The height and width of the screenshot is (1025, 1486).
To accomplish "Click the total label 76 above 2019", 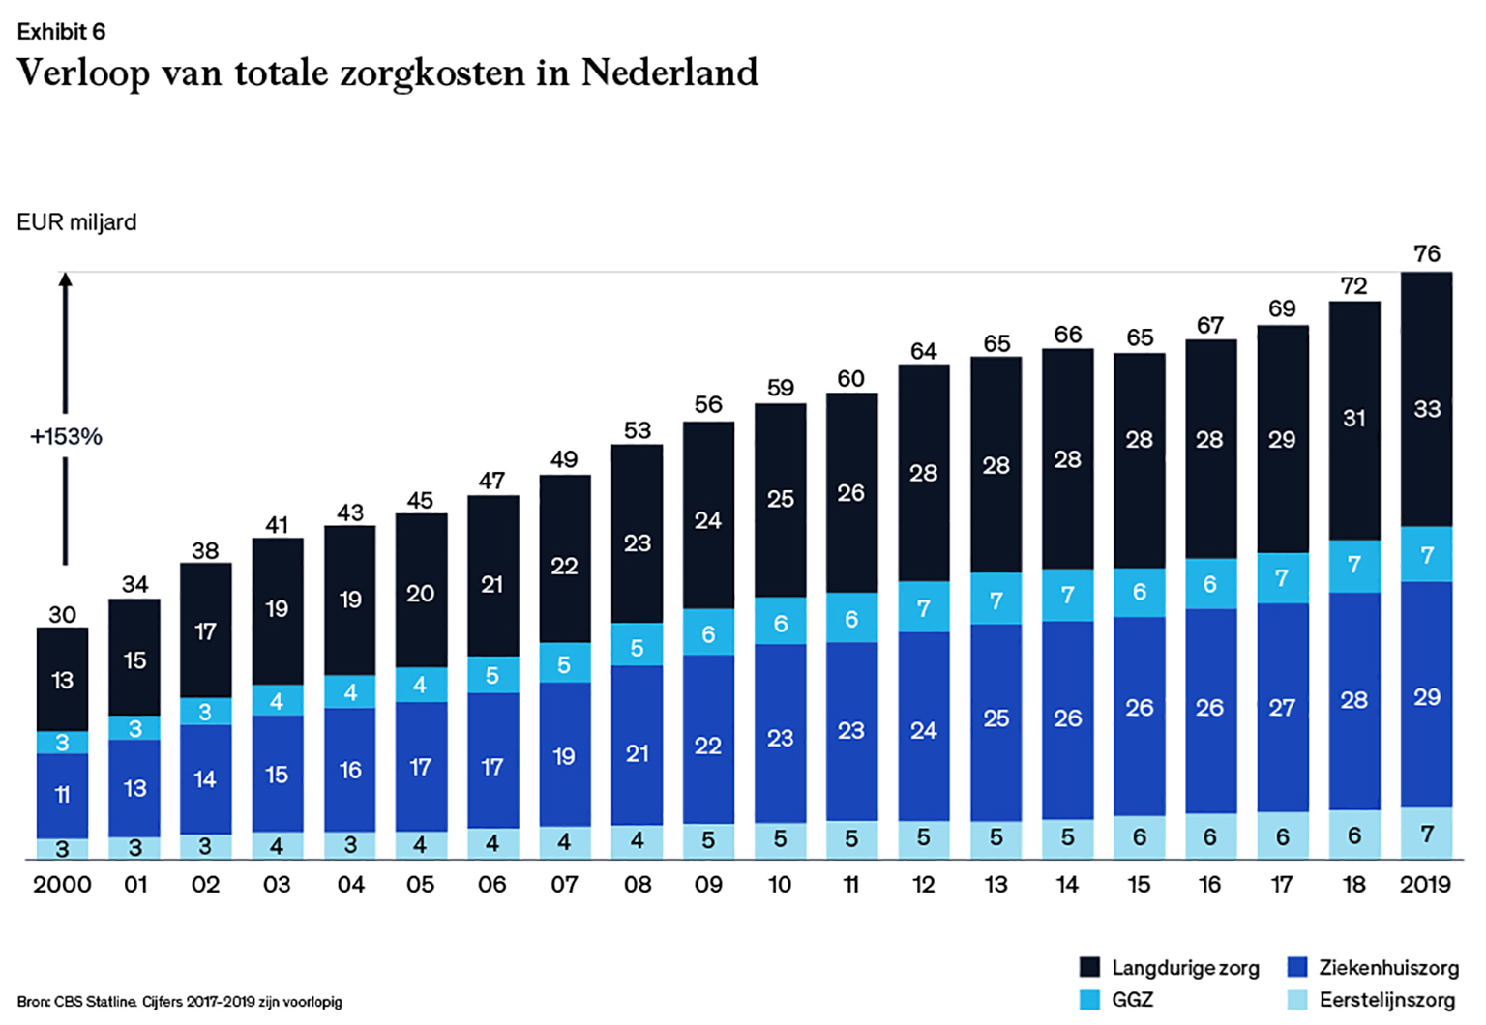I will point(1427,254).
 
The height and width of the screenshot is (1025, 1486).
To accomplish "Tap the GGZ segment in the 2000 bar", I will point(63,743).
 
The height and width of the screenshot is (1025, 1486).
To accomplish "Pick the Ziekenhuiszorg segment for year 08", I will point(637,745).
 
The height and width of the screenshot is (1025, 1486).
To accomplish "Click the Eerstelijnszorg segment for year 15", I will point(1140,837).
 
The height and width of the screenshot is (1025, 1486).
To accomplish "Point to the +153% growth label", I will point(66,437).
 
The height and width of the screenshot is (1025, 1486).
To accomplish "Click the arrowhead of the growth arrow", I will point(66,279).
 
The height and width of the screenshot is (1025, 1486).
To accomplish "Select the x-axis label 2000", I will point(63,885).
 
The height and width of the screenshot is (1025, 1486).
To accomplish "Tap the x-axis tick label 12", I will point(924,885).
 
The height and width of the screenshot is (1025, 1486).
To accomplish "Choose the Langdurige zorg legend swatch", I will point(1089,968).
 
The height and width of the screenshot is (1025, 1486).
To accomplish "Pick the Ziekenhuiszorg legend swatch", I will point(1298,968).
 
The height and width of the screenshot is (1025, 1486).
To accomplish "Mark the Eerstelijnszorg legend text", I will point(1387,1000).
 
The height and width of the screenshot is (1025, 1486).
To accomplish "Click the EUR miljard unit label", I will point(76,222).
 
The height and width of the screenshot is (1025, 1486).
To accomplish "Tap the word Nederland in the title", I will point(669,73).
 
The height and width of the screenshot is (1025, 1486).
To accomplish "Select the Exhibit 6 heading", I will point(61,32).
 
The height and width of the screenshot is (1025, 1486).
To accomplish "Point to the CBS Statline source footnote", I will point(179,1002).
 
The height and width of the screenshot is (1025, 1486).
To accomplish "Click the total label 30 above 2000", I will point(63,615).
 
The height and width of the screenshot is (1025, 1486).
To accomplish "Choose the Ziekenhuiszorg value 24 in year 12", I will point(924,730).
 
